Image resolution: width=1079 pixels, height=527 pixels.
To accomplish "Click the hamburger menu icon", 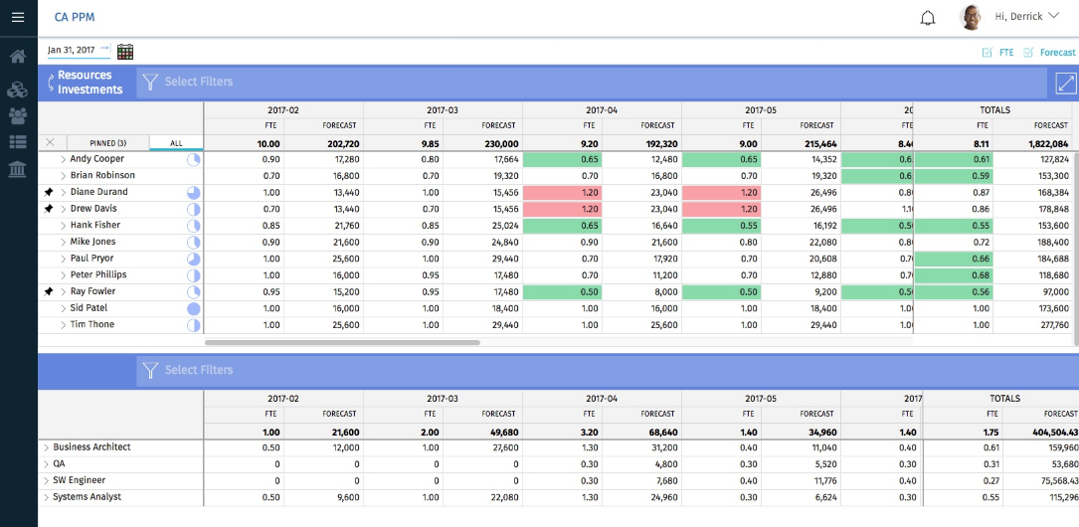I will pyautogui.click(x=18, y=17).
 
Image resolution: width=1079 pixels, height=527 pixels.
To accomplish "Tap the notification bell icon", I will pyautogui.click(x=928, y=17).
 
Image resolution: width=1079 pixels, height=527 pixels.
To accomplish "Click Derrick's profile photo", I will pyautogui.click(x=971, y=17).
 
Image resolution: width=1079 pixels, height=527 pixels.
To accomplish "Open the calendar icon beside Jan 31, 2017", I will pyautogui.click(x=125, y=52).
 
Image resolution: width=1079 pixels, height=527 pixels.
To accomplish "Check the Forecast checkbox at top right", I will pyautogui.click(x=1029, y=53).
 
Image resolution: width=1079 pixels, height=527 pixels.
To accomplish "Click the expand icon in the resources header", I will pyautogui.click(x=1065, y=84).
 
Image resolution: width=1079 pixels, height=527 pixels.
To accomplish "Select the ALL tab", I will pyautogui.click(x=176, y=143).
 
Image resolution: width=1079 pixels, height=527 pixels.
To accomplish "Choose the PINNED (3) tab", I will pyautogui.click(x=107, y=143).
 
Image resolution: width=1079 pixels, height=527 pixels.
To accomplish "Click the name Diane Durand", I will pyautogui.click(x=98, y=192).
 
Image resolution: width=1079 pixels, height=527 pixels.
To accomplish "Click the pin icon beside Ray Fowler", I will pyautogui.click(x=49, y=291).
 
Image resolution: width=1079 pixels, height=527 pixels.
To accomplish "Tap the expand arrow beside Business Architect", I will pyautogui.click(x=46, y=447).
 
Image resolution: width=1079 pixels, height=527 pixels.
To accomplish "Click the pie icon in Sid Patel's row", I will pyautogui.click(x=194, y=309).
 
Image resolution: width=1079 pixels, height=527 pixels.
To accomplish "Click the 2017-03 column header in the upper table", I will pyautogui.click(x=443, y=109).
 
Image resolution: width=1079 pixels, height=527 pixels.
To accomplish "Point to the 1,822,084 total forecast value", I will pyautogui.click(x=1048, y=143).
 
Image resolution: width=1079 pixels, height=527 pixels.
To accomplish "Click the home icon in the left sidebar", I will pyautogui.click(x=18, y=57).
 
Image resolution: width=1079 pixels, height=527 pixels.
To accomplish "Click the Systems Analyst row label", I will pyautogui.click(x=87, y=497).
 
